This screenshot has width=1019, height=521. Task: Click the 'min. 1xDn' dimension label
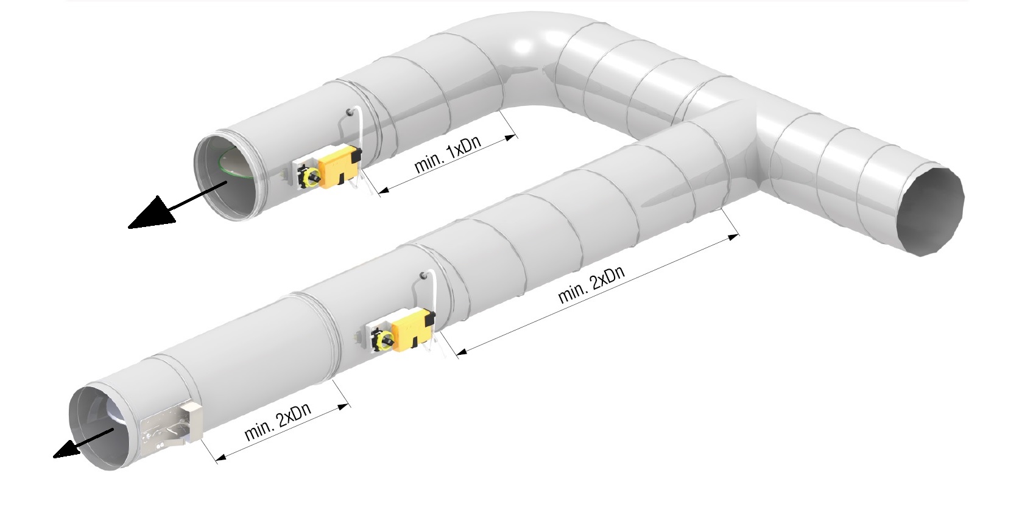click(448, 155)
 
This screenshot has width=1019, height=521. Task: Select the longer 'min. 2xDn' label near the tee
click(591, 285)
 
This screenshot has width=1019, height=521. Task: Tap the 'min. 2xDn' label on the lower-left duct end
click(278, 421)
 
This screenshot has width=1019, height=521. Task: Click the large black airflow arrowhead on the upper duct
click(152, 212)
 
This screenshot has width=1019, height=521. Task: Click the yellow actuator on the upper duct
click(339, 166)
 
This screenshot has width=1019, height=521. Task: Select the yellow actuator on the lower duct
click(412, 330)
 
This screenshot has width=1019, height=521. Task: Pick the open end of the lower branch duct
click(103, 428)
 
